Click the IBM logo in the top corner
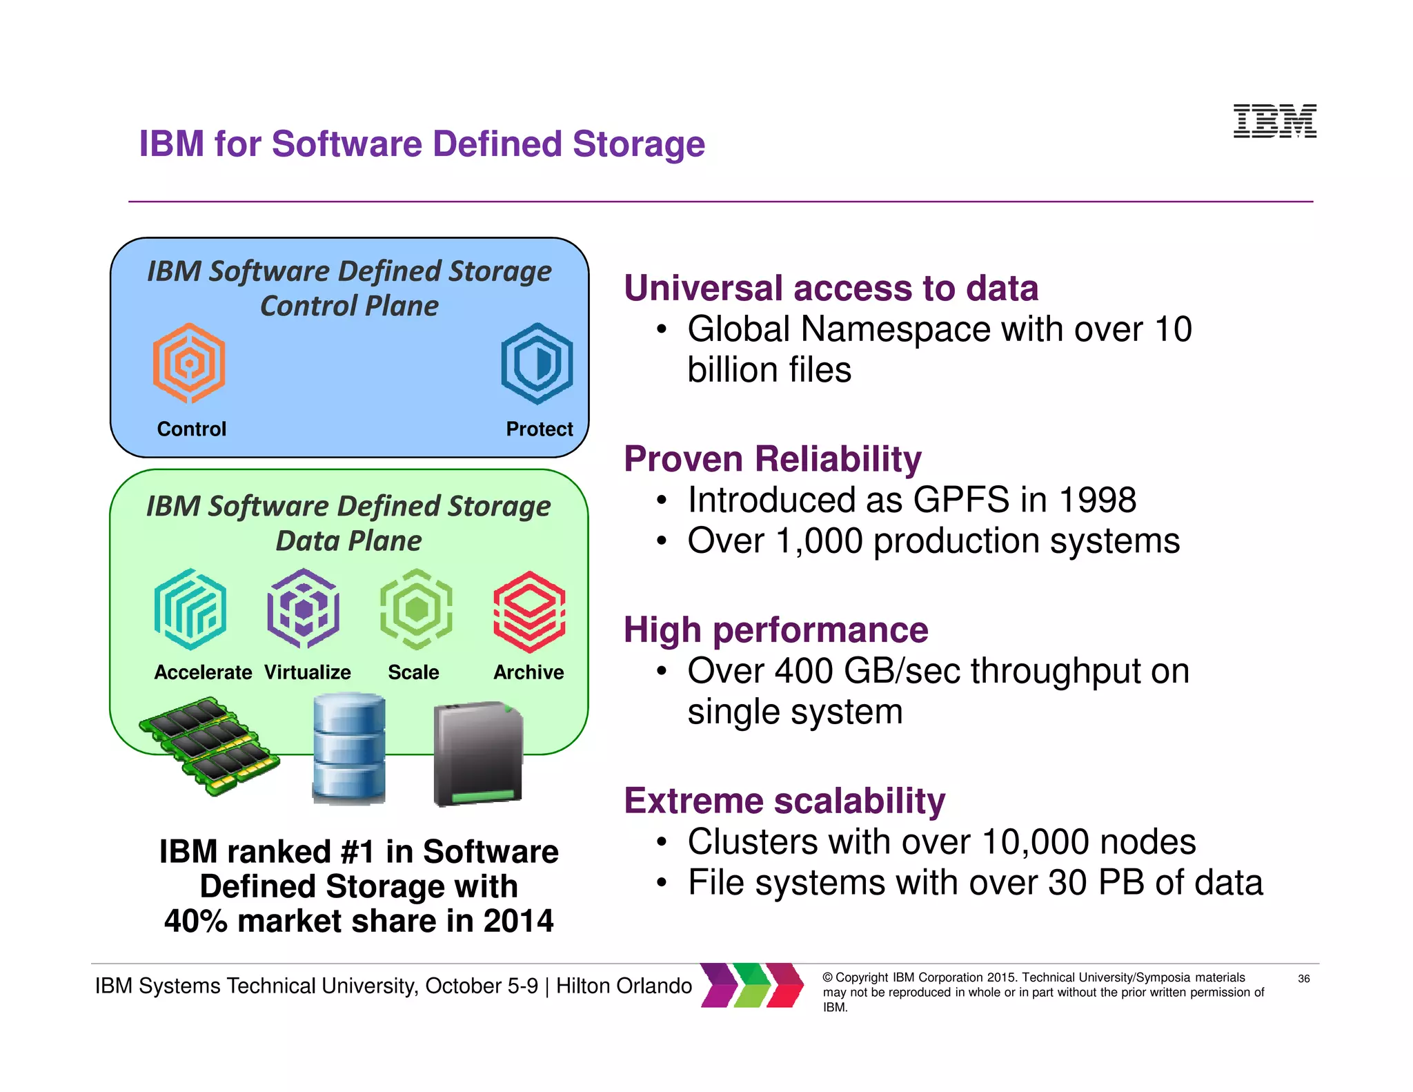click(x=1274, y=121)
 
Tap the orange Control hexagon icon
click(x=189, y=363)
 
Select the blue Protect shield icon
click(x=537, y=363)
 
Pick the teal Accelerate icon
click(x=190, y=610)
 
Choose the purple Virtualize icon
click(x=304, y=609)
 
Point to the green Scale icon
click(x=416, y=609)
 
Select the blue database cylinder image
click(x=349, y=750)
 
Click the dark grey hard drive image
click(x=478, y=754)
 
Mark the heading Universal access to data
click(x=831, y=289)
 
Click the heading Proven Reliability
click(x=772, y=459)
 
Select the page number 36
click(x=1303, y=979)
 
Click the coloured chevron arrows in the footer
click(x=752, y=985)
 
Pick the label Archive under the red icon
click(x=528, y=672)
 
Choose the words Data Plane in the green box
click(x=348, y=541)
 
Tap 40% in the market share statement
click(x=196, y=922)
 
